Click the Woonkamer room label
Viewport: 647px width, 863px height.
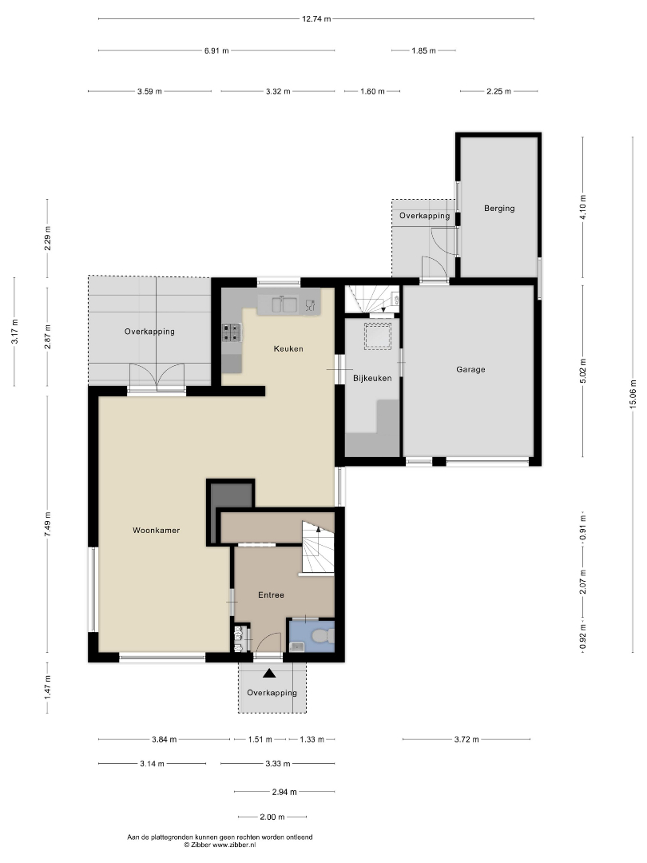157,531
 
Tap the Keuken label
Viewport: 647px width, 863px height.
288,349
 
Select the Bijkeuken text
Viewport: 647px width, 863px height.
372,379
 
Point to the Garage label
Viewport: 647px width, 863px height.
471,370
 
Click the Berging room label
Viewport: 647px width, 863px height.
499,209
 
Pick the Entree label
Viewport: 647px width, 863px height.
272,595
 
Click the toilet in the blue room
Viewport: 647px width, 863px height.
322,636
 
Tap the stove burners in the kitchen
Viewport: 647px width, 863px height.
232,332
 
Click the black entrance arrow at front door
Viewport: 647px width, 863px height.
270,673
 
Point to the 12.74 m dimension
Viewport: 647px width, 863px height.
316,18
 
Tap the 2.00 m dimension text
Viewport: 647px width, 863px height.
272,817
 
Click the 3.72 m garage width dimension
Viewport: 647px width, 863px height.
466,740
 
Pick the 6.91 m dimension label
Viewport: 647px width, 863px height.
216,50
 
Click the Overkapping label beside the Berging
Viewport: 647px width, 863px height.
425,216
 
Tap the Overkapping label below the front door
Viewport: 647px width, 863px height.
272,693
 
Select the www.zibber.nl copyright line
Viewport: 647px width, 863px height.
220,845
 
